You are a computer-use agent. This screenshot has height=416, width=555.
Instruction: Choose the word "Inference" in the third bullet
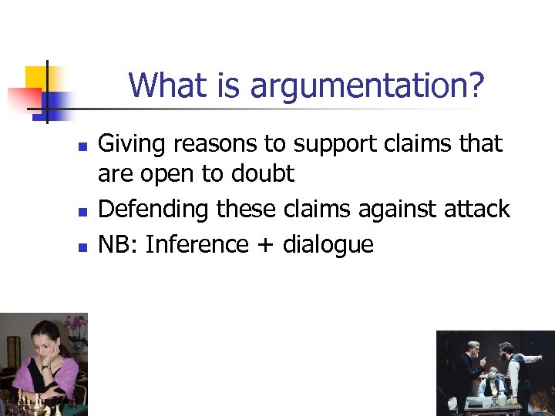point(197,244)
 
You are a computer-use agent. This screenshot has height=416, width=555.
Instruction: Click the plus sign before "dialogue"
point(265,246)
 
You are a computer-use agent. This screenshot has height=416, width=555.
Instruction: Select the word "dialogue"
point(328,245)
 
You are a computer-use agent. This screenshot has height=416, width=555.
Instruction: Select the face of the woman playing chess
point(42,343)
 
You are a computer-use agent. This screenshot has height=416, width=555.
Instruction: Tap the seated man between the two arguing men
point(493,381)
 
